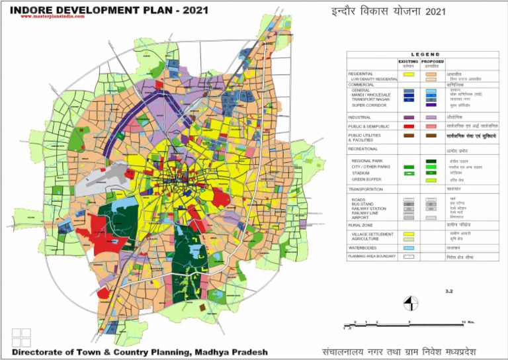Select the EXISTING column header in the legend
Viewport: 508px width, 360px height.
(x=408, y=61)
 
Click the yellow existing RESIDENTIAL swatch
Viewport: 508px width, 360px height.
(x=408, y=73)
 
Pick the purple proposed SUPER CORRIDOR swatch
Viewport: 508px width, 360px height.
(x=431, y=105)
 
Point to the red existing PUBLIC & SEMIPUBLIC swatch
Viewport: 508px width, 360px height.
(x=408, y=125)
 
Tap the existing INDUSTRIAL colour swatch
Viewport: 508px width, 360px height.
(x=408, y=117)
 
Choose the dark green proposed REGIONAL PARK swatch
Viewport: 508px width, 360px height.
(x=431, y=161)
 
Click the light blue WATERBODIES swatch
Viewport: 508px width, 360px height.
(x=408, y=247)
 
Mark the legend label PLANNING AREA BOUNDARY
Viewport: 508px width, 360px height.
(x=371, y=256)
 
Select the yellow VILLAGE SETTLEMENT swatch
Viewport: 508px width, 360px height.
(x=408, y=234)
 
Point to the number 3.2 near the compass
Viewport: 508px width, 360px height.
(x=448, y=291)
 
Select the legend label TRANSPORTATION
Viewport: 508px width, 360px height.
(x=368, y=189)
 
